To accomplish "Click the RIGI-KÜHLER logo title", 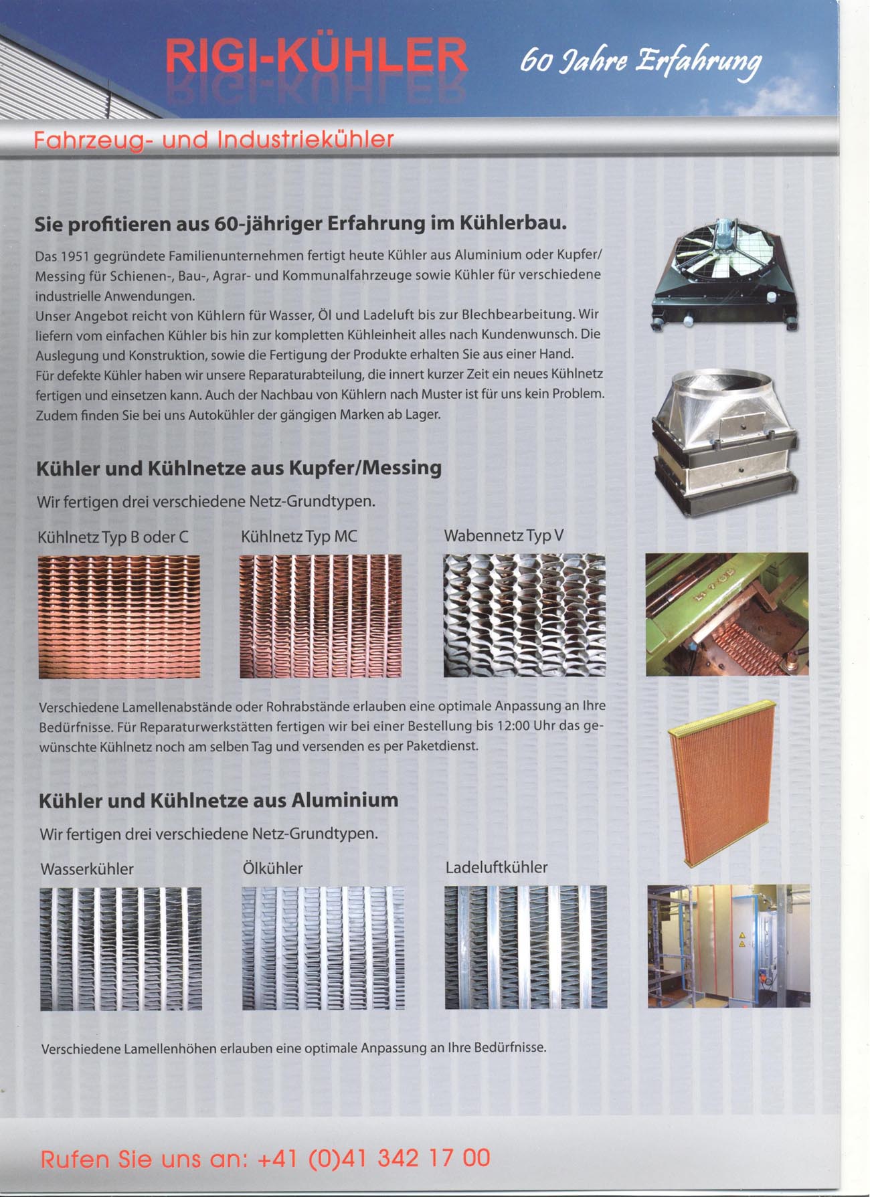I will click(316, 56).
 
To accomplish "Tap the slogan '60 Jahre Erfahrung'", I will click(640, 62).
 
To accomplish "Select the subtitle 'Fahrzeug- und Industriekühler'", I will click(213, 140).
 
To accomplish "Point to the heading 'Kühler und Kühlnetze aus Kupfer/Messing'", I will click(239, 468).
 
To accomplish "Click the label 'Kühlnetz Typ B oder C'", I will click(113, 537).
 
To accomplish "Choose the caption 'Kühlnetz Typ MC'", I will click(298, 537).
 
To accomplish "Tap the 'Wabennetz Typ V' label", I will click(503, 536).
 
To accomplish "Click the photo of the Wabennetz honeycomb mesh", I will click(524, 615).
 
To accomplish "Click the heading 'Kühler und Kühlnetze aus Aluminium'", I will click(219, 800).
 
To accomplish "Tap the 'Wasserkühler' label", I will click(87, 869).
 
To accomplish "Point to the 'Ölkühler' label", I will click(272, 868).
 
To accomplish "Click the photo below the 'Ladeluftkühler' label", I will click(525, 947).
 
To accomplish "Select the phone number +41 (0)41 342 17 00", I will click(373, 1158).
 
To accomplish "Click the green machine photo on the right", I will click(727, 614).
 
